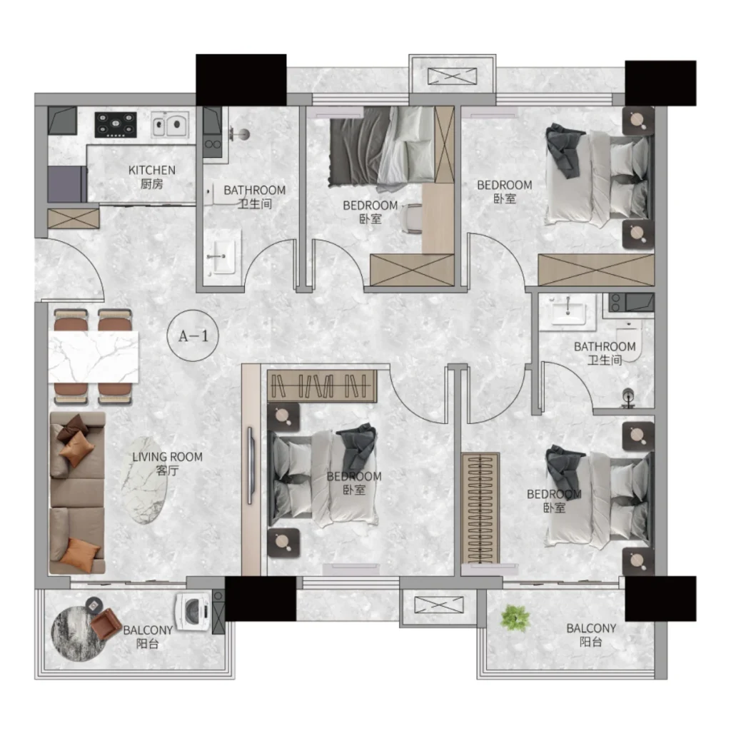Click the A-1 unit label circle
(193, 336)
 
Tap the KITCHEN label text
(152, 170)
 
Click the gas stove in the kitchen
(116, 124)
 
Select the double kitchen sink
(170, 124)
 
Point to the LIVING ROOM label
(167, 457)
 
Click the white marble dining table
(94, 357)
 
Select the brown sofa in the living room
(77, 493)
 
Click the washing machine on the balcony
(193, 611)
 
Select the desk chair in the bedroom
(412, 218)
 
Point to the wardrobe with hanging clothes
(322, 386)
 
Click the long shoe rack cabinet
(480, 508)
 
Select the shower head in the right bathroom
(628, 397)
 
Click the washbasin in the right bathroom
(568, 311)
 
